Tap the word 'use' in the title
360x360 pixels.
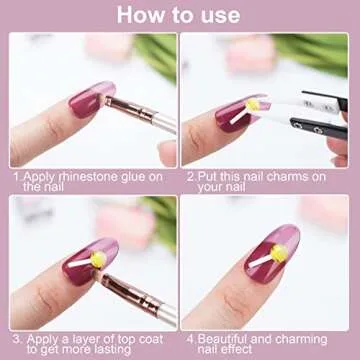[x=217, y=15]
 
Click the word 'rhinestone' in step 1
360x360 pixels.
[x=84, y=174]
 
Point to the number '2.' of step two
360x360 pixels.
[x=191, y=174]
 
